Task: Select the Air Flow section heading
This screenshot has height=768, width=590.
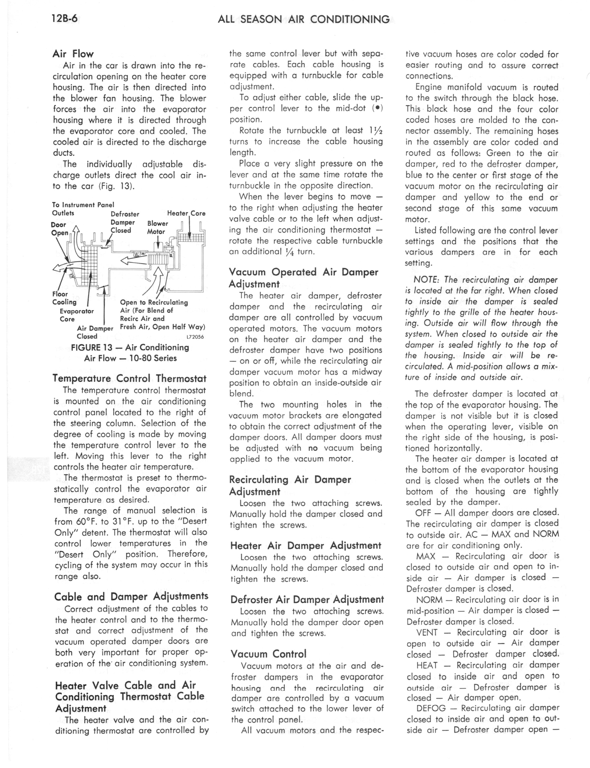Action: point(73,54)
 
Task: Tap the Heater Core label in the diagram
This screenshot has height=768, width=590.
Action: point(186,213)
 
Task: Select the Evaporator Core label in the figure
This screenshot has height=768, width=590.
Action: point(77,315)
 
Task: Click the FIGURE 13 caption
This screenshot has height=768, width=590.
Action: point(130,352)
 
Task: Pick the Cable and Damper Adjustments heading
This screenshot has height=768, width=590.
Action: point(131,596)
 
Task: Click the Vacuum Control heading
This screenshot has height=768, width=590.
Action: point(268,654)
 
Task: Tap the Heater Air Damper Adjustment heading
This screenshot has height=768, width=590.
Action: point(305,545)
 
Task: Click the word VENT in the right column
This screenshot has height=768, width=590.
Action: point(427,632)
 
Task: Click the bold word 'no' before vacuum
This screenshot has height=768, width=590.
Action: point(313,448)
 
